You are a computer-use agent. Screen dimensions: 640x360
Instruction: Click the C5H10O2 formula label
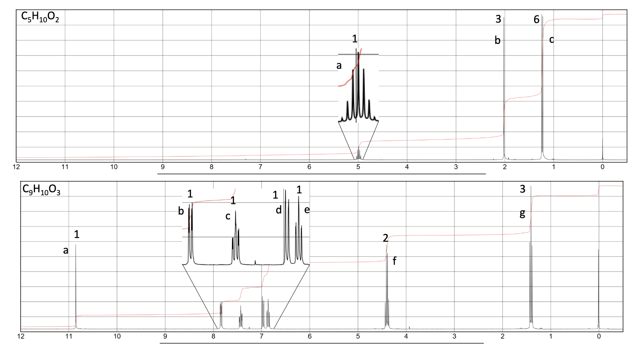[x=40, y=17]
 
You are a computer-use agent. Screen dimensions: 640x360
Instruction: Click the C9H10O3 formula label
[x=41, y=190]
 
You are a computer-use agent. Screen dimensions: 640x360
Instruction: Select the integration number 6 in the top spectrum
[x=536, y=19]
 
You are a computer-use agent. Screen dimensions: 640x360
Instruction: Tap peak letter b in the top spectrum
[x=497, y=40]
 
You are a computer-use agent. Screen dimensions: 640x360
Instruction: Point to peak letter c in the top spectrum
[x=552, y=39]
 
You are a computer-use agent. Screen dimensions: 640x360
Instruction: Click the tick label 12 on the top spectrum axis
[x=16, y=167]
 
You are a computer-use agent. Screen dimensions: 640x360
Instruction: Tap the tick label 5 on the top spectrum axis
[x=358, y=167]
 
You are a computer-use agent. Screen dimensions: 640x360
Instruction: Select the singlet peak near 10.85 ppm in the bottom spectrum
[x=76, y=286]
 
